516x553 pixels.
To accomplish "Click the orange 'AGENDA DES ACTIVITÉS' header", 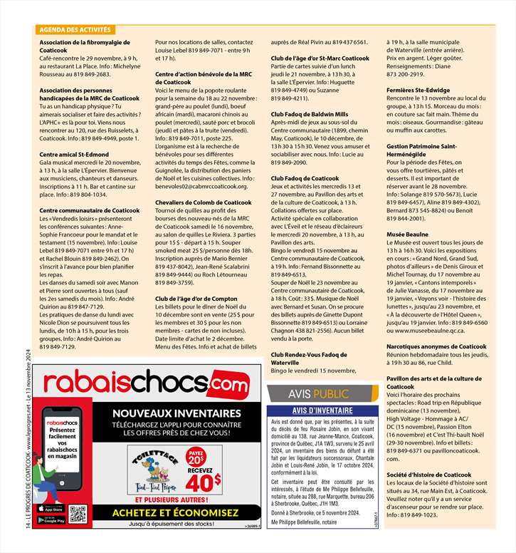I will tap(75, 30).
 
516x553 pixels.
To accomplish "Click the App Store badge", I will tap(57, 508).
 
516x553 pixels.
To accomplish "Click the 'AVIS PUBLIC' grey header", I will tap(318, 394).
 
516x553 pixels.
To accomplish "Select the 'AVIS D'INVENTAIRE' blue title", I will tap(318, 411).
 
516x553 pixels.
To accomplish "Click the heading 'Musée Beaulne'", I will tap(407, 234).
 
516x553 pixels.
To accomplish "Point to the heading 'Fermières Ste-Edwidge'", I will tap(418, 91).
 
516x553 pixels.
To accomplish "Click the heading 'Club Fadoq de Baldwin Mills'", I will tap(310, 114).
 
